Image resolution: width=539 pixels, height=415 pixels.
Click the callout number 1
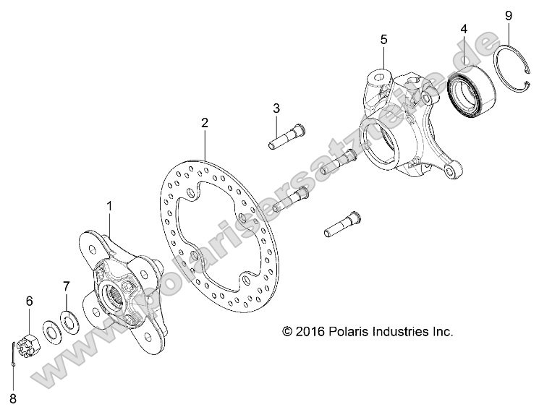tap(110, 206)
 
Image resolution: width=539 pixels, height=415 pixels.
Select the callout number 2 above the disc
tap(205, 124)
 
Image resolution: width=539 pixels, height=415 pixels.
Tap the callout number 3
tap(276, 108)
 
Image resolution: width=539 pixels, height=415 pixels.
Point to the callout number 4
tap(464, 30)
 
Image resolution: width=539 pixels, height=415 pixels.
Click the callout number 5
tap(384, 38)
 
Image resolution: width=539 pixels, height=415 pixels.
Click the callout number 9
tap(508, 14)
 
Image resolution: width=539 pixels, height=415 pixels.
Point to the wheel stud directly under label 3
tap(285, 137)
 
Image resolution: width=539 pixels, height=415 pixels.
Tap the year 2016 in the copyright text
tap(307, 332)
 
